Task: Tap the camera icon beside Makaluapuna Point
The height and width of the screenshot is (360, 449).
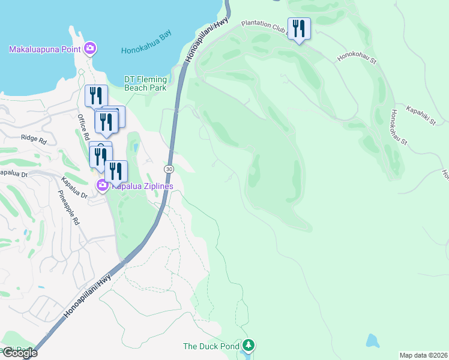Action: click(90, 48)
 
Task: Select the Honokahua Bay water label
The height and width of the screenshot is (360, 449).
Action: click(146, 51)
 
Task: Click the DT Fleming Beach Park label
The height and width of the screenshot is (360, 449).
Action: click(145, 83)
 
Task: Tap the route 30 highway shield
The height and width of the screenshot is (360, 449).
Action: click(169, 170)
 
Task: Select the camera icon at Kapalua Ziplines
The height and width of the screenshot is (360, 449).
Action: click(103, 185)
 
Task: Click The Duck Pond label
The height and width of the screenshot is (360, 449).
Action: click(211, 346)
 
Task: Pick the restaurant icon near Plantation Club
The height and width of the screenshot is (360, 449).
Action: click(298, 28)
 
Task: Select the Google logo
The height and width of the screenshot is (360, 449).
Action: click(19, 353)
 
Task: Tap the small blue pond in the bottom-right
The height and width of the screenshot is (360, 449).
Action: click(373, 341)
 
